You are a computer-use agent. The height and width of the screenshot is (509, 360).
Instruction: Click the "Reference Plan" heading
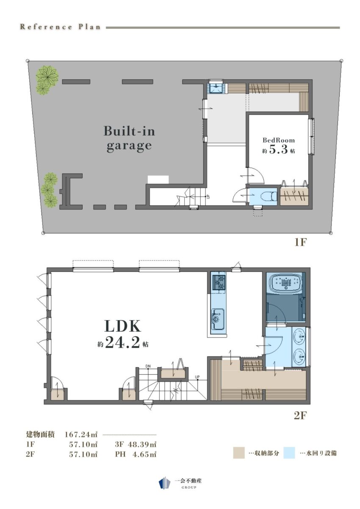pos(60,27)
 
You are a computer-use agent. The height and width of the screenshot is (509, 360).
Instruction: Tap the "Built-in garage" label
pos(129,138)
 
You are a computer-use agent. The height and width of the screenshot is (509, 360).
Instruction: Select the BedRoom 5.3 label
pos(279,146)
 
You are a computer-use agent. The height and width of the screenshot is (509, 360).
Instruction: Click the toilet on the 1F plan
pos(269,196)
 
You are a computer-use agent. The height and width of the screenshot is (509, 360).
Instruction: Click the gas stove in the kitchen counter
pos(219,282)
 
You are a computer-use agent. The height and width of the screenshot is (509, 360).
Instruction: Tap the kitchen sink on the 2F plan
pos(218,319)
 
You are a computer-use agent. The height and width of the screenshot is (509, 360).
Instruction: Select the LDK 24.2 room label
pos(123,335)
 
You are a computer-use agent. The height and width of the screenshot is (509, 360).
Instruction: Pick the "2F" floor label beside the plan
pos(300,415)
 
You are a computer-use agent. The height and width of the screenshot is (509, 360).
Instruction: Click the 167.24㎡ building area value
pos(81,434)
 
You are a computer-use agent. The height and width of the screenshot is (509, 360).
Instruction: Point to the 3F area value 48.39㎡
pos(142,444)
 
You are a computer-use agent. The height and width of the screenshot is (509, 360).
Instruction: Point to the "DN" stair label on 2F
pos(148,366)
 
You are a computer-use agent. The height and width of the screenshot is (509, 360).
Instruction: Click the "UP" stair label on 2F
pos(197,377)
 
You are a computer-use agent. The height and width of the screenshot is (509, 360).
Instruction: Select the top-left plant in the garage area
pos(47,80)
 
